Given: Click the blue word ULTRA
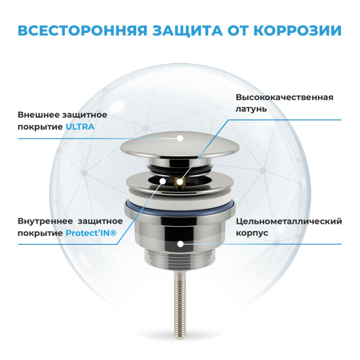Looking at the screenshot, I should click(x=80, y=127).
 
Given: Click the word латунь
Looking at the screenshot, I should click(x=251, y=109).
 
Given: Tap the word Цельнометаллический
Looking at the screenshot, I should click(x=289, y=221).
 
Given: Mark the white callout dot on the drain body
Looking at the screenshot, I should click(x=181, y=244).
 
